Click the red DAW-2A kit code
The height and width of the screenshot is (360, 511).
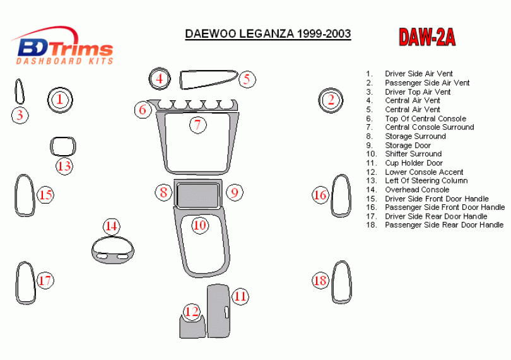point(427,37)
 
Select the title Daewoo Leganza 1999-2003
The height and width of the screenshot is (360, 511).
point(268,34)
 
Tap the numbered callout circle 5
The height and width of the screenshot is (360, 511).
point(247,79)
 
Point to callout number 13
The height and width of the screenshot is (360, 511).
point(64,166)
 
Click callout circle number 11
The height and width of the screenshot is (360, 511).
point(240,296)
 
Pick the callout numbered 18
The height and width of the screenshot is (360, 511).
point(320,280)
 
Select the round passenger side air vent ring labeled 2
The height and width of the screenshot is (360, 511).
point(331,89)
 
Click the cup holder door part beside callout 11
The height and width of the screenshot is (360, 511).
point(218,311)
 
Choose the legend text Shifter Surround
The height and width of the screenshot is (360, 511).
point(413,154)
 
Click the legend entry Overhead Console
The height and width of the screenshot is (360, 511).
point(417,190)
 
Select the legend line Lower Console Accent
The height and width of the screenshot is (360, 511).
point(424,172)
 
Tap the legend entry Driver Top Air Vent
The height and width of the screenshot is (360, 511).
point(418,92)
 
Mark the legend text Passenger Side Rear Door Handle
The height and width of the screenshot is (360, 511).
point(444,225)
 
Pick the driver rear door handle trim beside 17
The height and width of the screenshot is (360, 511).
point(17,284)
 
